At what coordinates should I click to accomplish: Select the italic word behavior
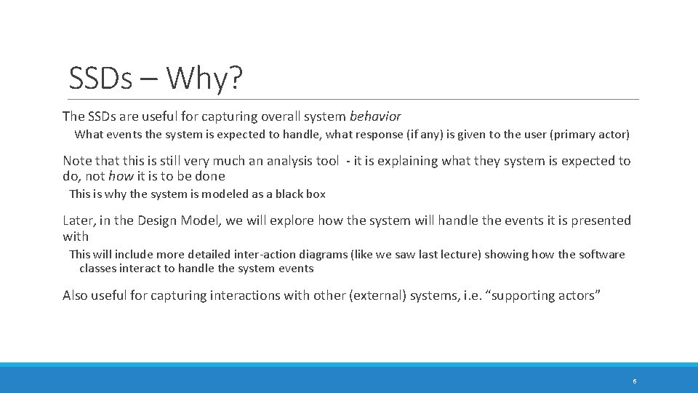[x=374, y=116]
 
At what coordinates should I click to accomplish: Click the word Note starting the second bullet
[x=76, y=161]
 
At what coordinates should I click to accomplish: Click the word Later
[x=78, y=221]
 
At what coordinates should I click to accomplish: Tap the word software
[x=601, y=255]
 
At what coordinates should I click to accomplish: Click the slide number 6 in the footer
[x=635, y=381]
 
